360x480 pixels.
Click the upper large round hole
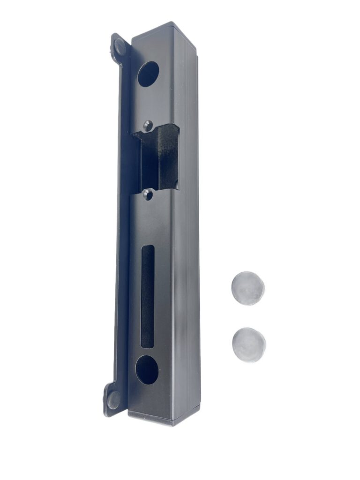click(x=148, y=74)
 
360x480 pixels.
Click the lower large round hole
click(x=147, y=369)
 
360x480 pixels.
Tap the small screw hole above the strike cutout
click(x=148, y=125)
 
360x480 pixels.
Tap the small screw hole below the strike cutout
click(x=148, y=194)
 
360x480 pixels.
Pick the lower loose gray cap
click(x=248, y=345)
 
